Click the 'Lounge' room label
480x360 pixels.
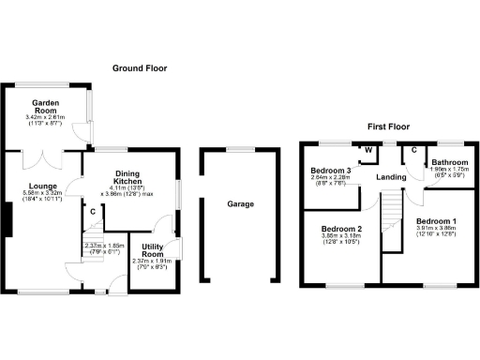click(x=44, y=187)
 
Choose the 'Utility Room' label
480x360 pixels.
click(x=153, y=251)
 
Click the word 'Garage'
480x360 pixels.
click(x=241, y=203)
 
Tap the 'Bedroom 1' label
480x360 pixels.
click(x=439, y=221)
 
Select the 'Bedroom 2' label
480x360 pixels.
click(x=341, y=228)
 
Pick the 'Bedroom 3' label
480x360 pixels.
click(x=331, y=171)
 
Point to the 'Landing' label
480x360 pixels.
click(x=390, y=177)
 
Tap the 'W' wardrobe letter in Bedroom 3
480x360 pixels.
click(x=368, y=150)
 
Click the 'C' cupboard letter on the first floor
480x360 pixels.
click(x=413, y=149)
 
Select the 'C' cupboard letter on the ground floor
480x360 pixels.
click(x=93, y=212)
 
